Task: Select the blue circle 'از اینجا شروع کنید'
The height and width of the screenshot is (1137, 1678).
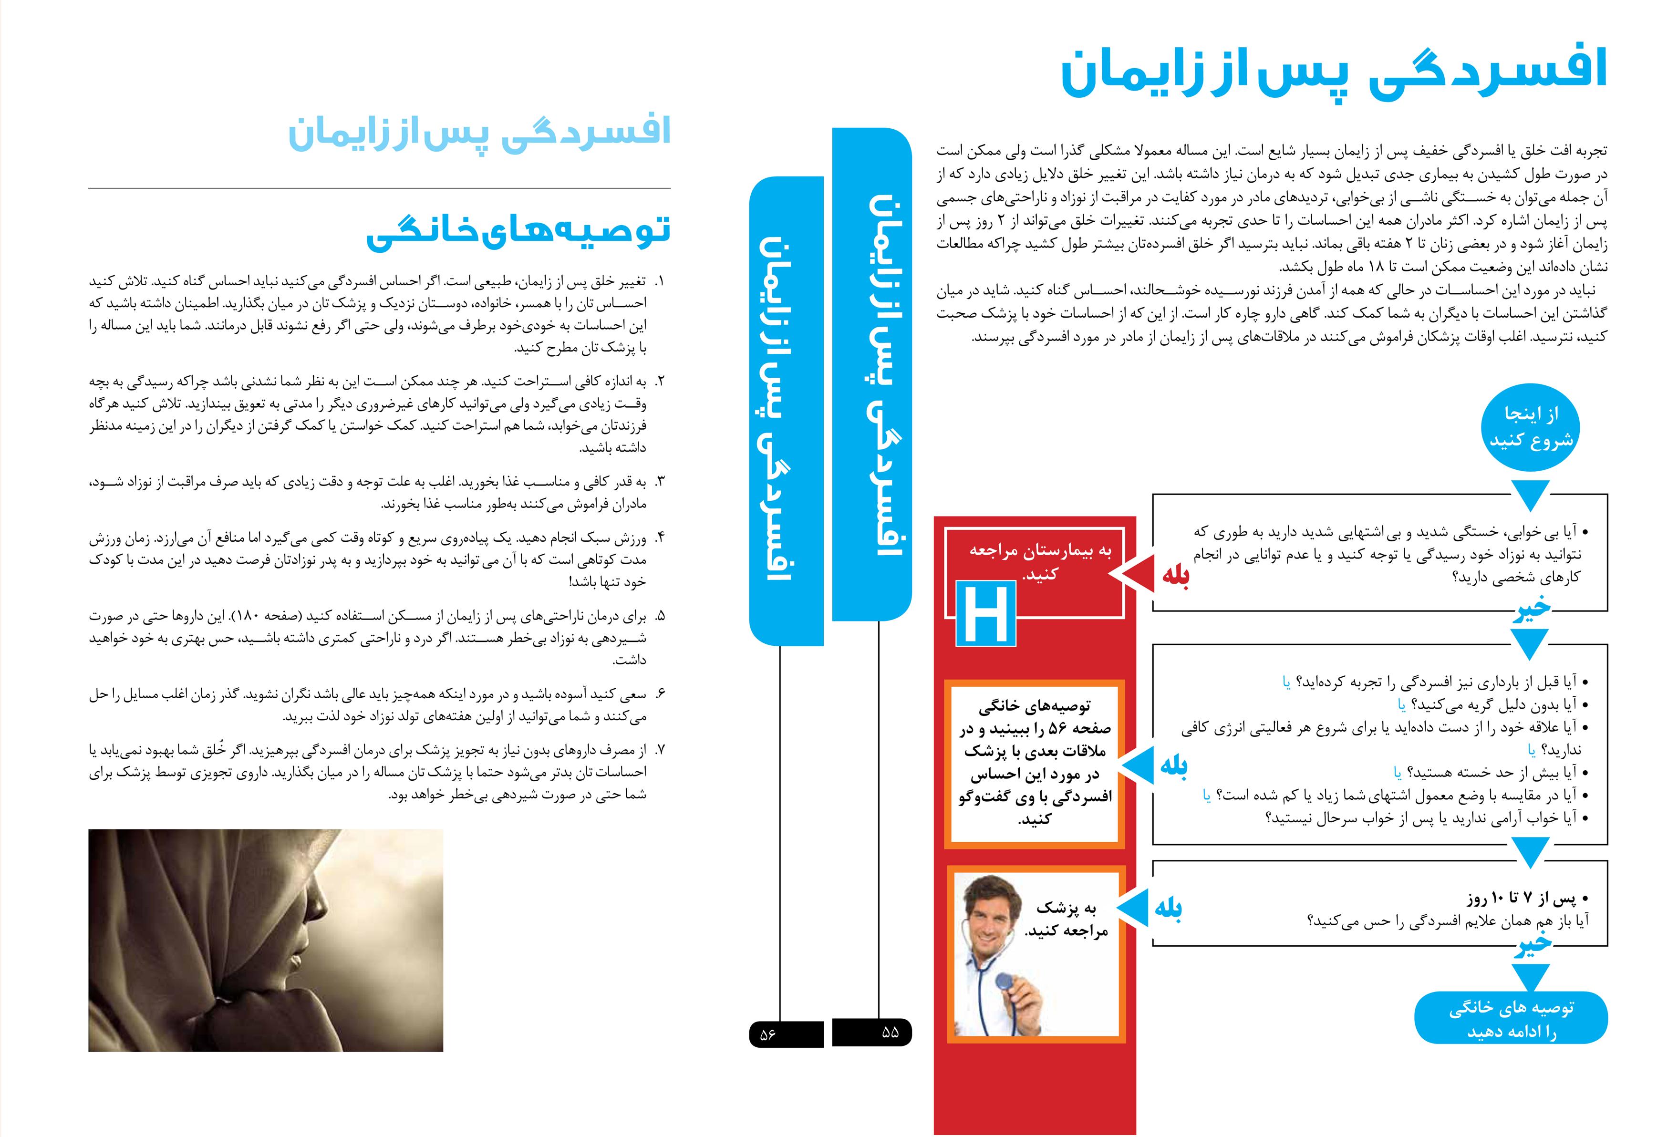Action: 1531,427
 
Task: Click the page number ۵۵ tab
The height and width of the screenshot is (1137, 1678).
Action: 872,1033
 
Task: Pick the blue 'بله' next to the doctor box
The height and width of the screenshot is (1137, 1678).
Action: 1168,908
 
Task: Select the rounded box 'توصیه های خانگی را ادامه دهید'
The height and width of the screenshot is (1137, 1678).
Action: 1511,1019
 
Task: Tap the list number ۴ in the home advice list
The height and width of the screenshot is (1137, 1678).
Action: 659,538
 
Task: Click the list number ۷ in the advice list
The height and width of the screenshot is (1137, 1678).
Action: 659,750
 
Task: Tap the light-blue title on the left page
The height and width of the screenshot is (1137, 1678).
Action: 479,133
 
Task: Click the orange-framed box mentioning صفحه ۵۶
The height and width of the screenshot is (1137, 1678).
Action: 1036,764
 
